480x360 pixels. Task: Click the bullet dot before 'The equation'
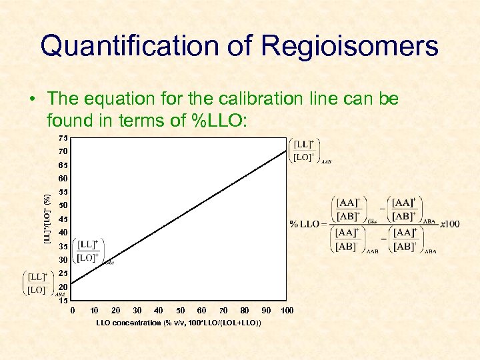32,100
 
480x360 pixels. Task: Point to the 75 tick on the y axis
62,138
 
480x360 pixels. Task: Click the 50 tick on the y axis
62,205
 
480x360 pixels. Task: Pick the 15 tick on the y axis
62,300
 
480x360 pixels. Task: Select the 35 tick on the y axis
62,246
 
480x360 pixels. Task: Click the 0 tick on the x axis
73,311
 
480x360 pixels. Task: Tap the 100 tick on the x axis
287,311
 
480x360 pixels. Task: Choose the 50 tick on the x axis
180,311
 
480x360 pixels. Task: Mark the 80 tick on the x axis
245,311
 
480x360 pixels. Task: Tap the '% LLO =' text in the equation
307,224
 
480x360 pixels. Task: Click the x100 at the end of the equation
449,224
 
